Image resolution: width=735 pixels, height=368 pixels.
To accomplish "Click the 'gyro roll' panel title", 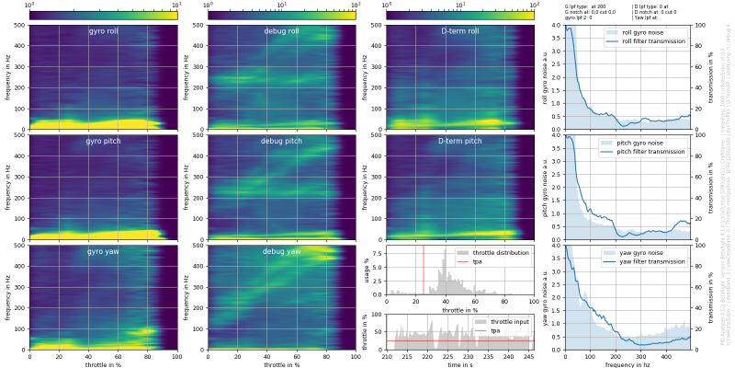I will (x=103, y=31).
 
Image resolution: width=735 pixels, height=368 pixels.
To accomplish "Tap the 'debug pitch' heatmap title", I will (x=280, y=142).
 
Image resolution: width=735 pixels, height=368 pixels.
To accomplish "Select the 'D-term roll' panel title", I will (x=459, y=31).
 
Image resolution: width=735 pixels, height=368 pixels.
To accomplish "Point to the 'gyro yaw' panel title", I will (x=103, y=251).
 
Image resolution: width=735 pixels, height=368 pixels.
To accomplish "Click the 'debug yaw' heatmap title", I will (x=280, y=251).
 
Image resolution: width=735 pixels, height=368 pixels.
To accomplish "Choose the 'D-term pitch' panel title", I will (x=459, y=142).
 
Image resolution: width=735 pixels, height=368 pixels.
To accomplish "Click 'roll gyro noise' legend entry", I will (x=642, y=32).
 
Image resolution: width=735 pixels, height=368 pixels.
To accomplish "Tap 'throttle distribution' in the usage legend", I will (x=500, y=252).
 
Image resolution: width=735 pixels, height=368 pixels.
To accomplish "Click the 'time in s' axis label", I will (x=459, y=364).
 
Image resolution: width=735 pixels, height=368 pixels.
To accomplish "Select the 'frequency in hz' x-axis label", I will (x=627, y=364).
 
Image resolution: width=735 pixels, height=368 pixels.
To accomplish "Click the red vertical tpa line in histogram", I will (x=424, y=276).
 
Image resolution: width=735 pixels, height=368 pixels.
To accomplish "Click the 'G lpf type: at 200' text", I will (x=585, y=6).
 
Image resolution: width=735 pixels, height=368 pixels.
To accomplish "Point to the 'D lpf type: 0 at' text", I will (x=651, y=6).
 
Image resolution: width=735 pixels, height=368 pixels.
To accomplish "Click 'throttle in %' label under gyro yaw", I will (x=103, y=364).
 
